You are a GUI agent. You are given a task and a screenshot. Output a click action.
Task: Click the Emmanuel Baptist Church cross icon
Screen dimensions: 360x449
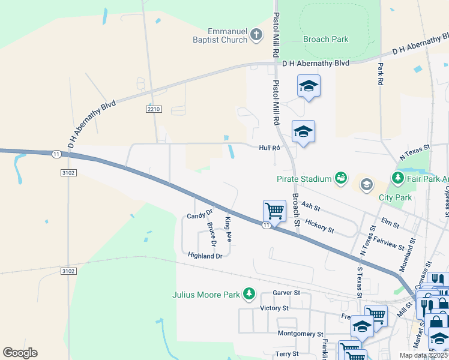256,34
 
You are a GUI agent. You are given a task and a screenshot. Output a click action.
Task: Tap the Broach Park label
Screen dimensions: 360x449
326,39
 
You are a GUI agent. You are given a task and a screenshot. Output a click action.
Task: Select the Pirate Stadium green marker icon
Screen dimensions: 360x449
341,178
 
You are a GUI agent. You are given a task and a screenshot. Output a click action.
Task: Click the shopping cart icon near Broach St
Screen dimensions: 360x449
274,211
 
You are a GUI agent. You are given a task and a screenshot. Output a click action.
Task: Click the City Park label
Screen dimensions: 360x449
396,197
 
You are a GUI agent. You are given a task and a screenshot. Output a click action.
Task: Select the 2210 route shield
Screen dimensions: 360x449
154,109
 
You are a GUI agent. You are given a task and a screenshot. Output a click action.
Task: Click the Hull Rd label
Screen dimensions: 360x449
270,148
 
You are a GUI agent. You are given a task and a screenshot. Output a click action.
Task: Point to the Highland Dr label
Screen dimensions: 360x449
205,256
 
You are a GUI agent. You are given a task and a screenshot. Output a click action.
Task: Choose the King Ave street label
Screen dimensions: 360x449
228,229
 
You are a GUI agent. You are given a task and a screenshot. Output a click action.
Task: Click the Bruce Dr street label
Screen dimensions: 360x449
211,235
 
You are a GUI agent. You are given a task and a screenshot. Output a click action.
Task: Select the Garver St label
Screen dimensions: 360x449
286,293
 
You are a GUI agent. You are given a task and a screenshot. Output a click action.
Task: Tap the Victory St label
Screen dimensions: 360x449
274,308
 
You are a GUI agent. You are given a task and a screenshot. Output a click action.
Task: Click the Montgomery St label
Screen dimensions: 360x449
301,334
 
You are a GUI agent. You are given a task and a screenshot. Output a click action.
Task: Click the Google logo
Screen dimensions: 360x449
20,353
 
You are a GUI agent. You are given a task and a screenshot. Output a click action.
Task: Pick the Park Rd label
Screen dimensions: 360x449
381,73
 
